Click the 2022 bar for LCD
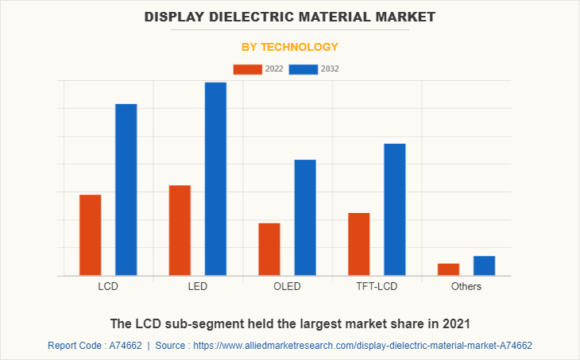(90, 235)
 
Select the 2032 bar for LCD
(126, 190)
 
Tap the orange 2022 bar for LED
(180, 230)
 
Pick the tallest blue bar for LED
(215, 179)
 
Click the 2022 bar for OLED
(269, 250)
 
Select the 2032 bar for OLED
(305, 218)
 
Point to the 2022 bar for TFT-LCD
(358, 244)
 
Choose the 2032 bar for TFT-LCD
(395, 210)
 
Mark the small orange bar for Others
(448, 269)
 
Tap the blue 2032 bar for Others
(484, 265)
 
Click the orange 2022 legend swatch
(247, 69)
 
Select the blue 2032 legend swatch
(303, 69)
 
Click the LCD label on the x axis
(109, 286)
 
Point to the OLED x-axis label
(287, 286)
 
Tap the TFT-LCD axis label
(377, 286)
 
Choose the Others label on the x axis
(466, 286)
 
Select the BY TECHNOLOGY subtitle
(290, 47)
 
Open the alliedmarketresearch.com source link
(362, 346)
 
